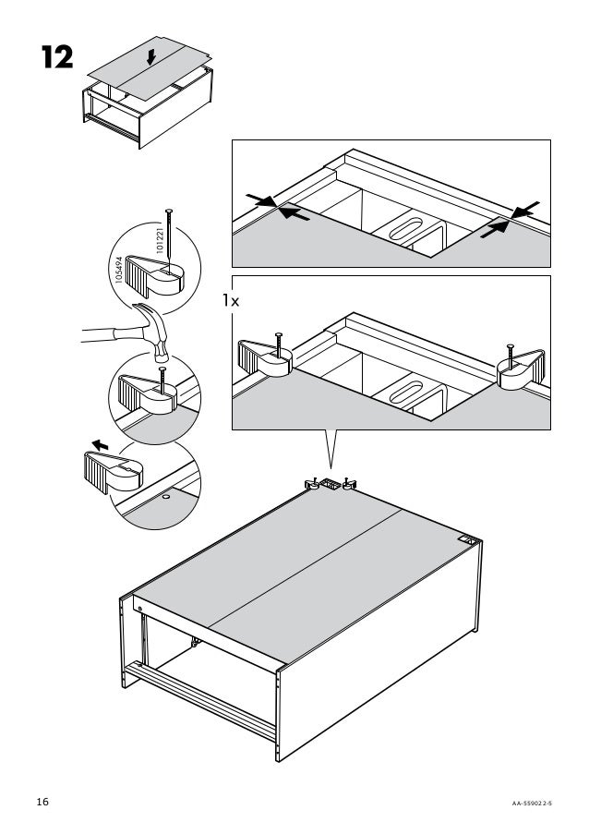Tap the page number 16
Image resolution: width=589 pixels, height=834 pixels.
[x=42, y=802]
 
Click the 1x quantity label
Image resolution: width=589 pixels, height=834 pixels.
[x=231, y=300]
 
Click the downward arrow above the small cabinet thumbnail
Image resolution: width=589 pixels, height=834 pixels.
[x=150, y=58]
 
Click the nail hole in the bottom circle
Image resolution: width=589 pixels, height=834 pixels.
[x=165, y=497]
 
